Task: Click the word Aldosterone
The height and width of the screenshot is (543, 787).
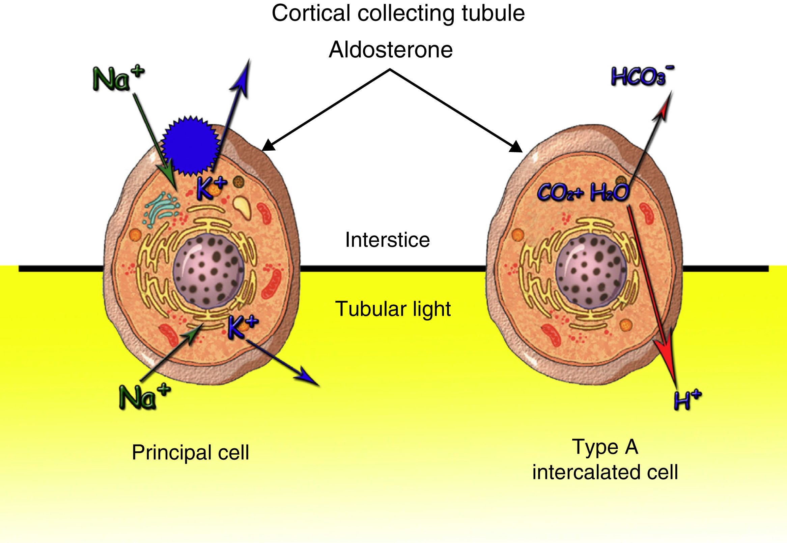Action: click(390, 50)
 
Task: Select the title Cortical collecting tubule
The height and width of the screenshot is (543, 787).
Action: click(398, 13)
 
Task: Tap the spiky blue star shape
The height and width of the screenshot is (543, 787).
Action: click(190, 146)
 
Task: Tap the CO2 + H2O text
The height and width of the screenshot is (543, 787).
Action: click(583, 193)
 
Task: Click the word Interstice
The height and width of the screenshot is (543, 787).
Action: click(387, 240)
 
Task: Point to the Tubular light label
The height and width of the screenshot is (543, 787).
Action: click(393, 309)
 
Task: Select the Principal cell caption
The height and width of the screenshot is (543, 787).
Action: click(190, 452)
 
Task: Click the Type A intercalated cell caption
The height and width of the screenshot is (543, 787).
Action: click(605, 459)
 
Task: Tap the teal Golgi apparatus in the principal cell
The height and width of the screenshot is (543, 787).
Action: click(162, 208)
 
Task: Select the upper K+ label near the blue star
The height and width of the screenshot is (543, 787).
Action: click(212, 188)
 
